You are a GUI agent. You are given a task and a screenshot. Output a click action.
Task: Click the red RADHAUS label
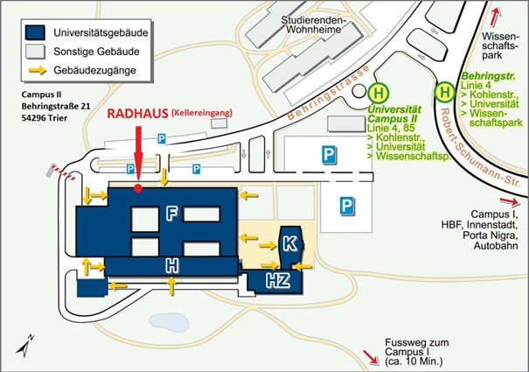click(137, 114)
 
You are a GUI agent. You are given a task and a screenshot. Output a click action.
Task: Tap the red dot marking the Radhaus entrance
click(138, 188)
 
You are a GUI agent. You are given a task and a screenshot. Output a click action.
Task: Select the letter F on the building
click(171, 214)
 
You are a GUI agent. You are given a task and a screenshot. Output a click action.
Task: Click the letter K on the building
click(290, 243)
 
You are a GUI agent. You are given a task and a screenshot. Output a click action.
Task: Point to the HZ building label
click(278, 280)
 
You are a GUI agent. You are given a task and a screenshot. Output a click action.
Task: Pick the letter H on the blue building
click(171, 265)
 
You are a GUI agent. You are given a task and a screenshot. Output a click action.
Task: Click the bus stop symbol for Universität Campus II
click(379, 93)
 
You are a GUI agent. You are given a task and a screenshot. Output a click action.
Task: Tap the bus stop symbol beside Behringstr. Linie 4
click(445, 92)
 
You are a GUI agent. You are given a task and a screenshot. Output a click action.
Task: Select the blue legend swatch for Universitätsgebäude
click(35, 32)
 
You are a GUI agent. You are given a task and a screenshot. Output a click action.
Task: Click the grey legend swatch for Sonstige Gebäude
click(35, 52)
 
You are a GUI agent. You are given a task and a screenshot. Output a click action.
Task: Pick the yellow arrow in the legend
click(37, 70)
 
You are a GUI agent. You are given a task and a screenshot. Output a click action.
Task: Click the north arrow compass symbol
click(25, 346)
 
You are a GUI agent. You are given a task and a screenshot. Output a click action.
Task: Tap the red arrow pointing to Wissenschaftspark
click(495, 17)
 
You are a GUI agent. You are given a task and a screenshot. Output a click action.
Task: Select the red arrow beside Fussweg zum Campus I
click(371, 357)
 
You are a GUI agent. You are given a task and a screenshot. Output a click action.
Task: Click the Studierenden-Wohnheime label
click(314, 25)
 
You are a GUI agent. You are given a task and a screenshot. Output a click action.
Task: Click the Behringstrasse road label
click(328, 93)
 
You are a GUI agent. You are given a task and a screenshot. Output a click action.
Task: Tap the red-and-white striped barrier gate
click(61, 172)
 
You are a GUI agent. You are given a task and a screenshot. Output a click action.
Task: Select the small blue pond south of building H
click(169, 320)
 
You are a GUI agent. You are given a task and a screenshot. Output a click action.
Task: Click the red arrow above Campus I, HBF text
click(509, 201)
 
